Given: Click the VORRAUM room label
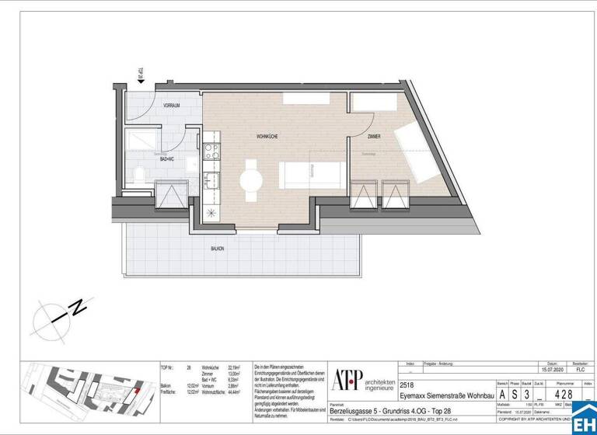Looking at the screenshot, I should [172, 105].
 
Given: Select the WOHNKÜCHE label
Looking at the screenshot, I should [267, 137].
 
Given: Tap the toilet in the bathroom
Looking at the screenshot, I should [138, 174].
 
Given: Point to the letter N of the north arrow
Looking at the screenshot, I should [79, 308].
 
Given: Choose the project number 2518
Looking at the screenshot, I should [407, 383].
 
